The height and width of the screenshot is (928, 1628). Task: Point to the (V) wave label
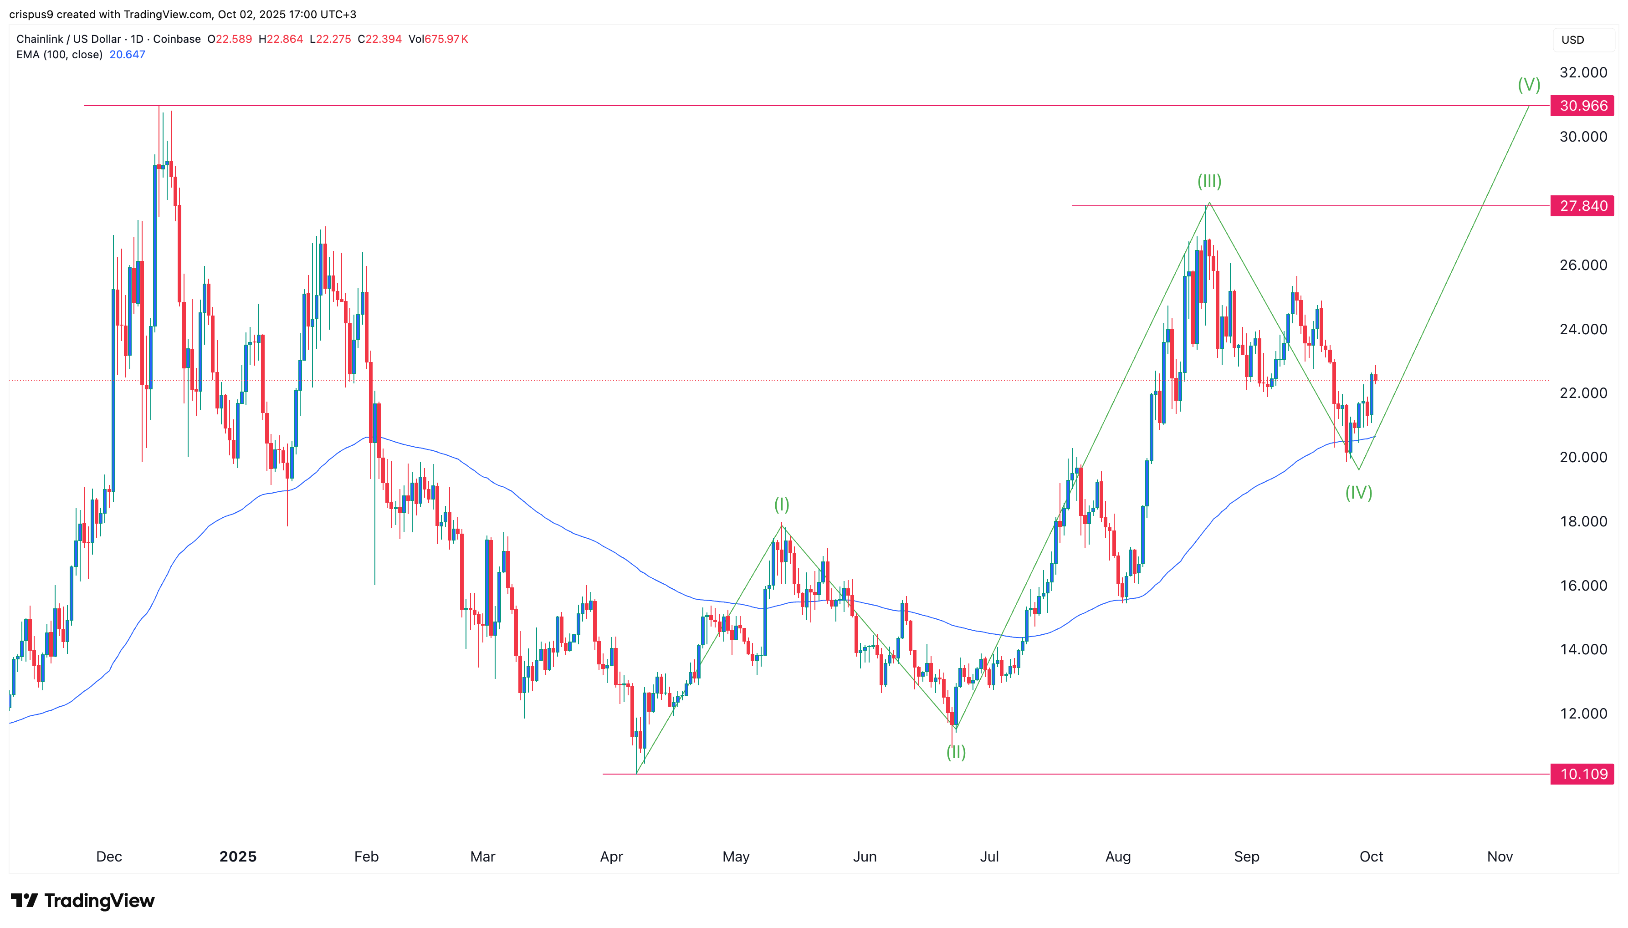point(1529,84)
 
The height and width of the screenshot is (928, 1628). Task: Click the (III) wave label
point(1208,181)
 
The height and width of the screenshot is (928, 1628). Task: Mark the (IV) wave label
point(1358,492)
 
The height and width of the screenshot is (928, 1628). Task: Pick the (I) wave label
point(782,505)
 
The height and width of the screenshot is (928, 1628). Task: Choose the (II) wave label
point(956,752)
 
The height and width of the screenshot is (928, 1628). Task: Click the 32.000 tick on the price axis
point(1583,73)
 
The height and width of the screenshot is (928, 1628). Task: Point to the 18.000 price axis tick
point(1583,521)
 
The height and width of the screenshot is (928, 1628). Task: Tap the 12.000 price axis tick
point(1583,713)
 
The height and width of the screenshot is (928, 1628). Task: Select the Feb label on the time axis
point(366,856)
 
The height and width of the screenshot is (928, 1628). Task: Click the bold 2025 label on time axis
point(238,856)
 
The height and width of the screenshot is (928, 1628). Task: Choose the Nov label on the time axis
point(1499,856)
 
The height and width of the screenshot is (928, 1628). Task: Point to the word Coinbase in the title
point(177,39)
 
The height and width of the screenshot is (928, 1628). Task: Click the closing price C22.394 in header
point(379,39)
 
